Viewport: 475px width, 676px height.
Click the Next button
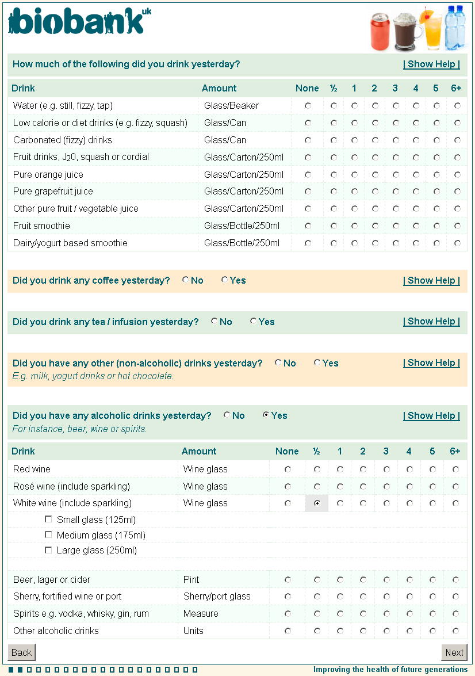[x=454, y=652]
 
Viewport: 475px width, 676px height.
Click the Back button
[x=22, y=652]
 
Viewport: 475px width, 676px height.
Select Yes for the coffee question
[x=224, y=280]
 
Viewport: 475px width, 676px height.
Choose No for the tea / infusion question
[x=214, y=322]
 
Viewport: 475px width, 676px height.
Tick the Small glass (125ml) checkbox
[x=48, y=520]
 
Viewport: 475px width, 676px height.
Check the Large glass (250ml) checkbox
[x=48, y=551]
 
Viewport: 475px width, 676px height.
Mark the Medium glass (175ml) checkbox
[x=48, y=535]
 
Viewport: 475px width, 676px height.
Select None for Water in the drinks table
[x=308, y=106]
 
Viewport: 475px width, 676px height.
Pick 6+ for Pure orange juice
[x=457, y=174]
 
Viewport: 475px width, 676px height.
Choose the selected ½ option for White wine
[x=317, y=503]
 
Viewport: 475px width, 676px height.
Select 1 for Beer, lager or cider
[x=340, y=580]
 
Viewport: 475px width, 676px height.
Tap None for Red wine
[x=288, y=469]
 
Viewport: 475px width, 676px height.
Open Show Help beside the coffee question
[x=431, y=281]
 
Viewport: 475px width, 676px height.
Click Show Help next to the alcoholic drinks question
[x=431, y=416]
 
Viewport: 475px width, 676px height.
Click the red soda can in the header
[x=380, y=33]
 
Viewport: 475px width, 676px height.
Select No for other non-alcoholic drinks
[x=278, y=363]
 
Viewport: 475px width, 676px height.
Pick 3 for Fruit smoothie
[x=396, y=226]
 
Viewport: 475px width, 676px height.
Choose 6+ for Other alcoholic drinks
[x=455, y=631]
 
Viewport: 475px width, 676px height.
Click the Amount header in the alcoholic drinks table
[x=199, y=452]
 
